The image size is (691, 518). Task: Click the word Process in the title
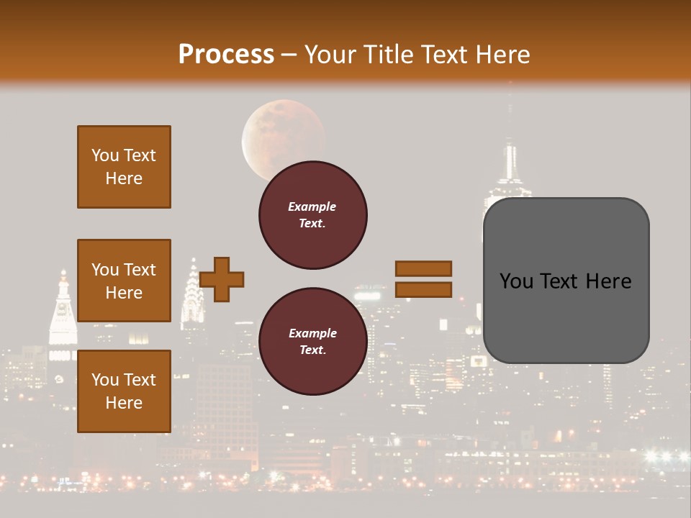tap(226, 55)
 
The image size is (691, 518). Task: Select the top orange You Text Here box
tap(124, 167)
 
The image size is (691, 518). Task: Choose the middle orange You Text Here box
tap(124, 281)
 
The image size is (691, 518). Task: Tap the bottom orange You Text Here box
tap(124, 391)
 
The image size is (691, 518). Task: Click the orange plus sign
tap(222, 279)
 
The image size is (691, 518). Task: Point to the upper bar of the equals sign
tap(423, 268)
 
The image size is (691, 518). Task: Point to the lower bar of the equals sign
tap(423, 289)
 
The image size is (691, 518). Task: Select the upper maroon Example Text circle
tap(312, 214)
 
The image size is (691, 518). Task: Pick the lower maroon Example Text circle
tap(312, 341)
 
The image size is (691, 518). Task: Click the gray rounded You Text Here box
tap(566, 281)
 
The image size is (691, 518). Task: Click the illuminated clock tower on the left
tap(63, 317)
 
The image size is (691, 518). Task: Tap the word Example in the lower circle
tap(312, 333)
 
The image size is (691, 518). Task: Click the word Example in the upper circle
tap(312, 206)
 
